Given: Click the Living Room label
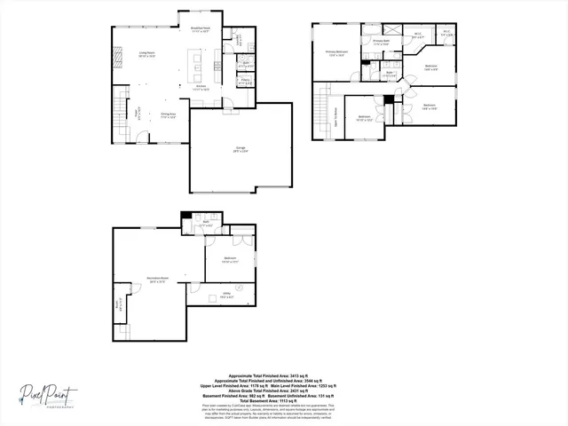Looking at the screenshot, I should pyautogui.click(x=147, y=55).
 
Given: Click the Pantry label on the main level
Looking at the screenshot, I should pyautogui.click(x=245, y=82).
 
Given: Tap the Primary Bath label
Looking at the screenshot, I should pyautogui.click(x=382, y=41).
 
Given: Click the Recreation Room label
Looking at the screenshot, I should pyautogui.click(x=158, y=279).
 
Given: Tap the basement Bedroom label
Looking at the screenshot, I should pyautogui.click(x=230, y=261).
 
